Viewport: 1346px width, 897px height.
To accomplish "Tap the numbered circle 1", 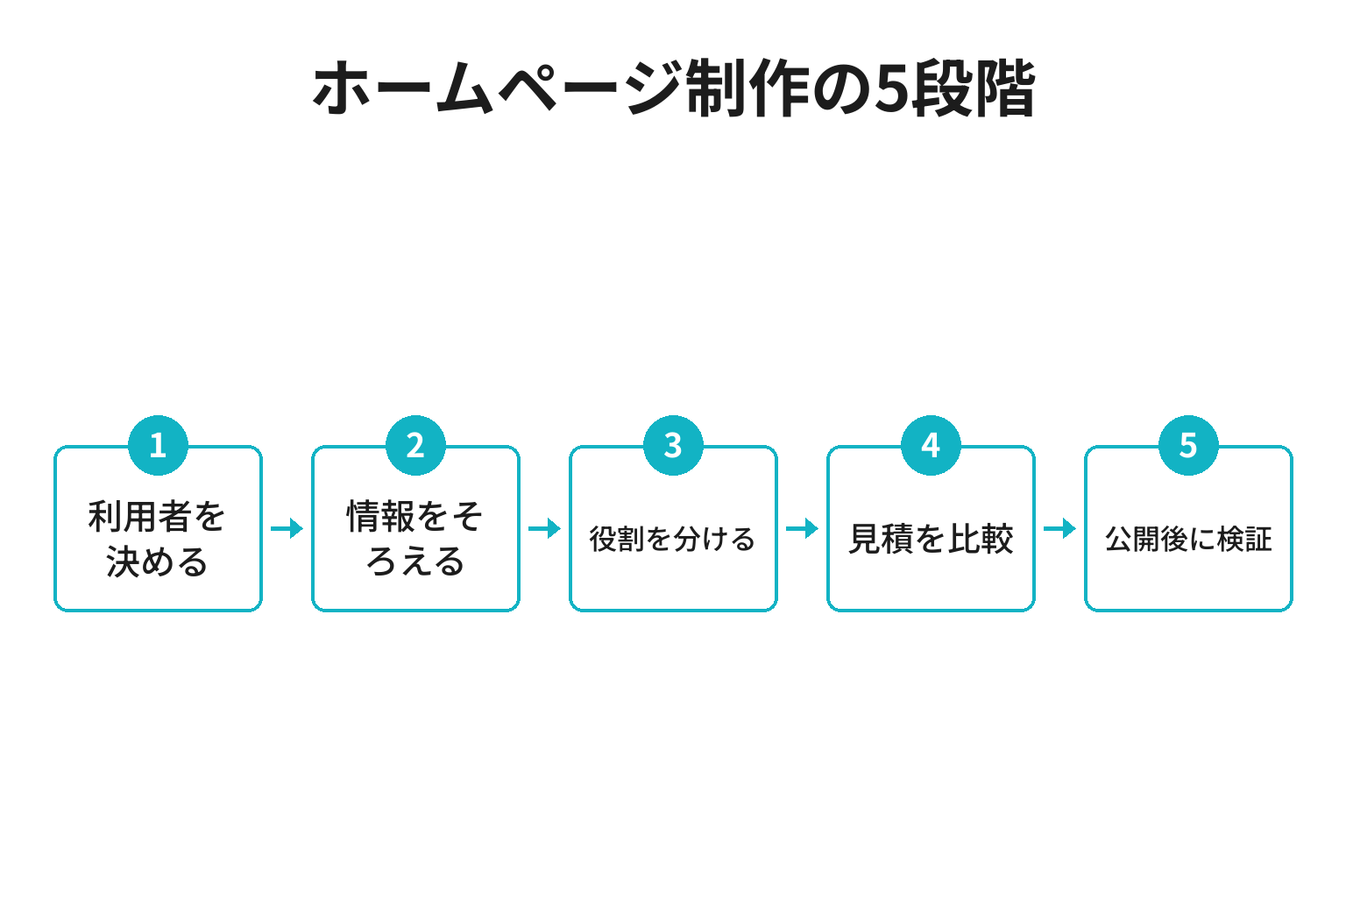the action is (x=158, y=445).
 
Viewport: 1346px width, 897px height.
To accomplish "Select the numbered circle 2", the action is (x=416, y=445).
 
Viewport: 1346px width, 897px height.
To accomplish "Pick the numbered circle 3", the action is (x=673, y=445).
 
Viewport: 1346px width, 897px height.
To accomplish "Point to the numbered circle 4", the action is (x=931, y=445).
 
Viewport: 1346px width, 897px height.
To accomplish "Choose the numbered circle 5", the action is (x=1188, y=445).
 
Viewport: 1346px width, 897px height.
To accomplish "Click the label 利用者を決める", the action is (x=158, y=539).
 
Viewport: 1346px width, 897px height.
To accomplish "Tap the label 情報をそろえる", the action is (x=415, y=539).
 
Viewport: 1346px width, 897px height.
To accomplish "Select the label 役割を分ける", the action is (x=672, y=539).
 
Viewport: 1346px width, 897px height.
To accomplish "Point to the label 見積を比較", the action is (x=931, y=539).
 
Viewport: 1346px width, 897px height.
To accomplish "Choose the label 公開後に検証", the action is (x=1188, y=539).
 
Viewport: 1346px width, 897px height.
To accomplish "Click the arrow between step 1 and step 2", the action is (x=287, y=529).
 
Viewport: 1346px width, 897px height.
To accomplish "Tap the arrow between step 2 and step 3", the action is (x=544, y=529).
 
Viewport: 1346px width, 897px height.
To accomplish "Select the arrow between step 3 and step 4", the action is (x=802, y=529).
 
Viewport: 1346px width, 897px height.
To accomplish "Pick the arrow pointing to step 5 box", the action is (x=1060, y=529).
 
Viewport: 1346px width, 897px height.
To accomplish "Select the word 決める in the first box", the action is (x=158, y=562).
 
